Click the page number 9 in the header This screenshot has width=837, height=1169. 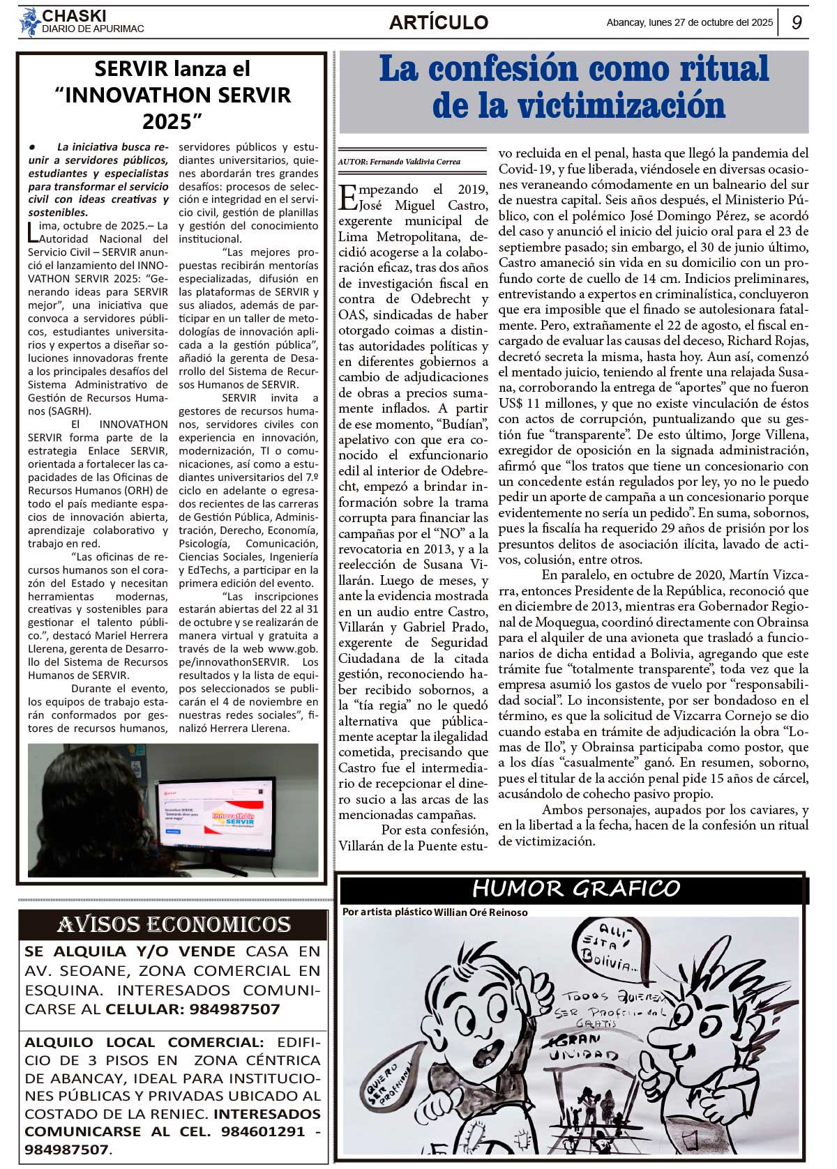tap(797, 22)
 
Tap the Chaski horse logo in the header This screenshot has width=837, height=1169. tap(29, 22)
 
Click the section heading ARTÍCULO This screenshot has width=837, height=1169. tap(438, 22)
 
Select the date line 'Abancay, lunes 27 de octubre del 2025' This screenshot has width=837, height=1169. tap(689, 22)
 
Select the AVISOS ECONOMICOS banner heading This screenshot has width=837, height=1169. tap(173, 924)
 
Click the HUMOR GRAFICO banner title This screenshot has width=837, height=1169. tap(575, 888)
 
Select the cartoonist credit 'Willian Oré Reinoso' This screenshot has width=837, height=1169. tap(481, 912)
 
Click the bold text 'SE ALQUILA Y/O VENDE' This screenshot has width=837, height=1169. tap(130, 952)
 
